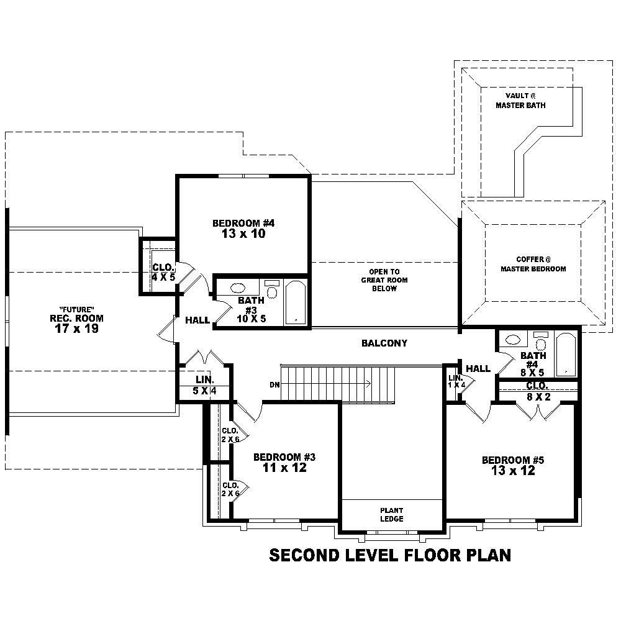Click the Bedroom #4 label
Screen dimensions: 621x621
pyautogui.click(x=243, y=223)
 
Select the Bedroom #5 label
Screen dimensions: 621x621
pyautogui.click(x=513, y=460)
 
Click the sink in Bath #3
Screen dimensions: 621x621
pyautogui.click(x=238, y=288)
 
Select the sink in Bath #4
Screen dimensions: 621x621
pyautogui.click(x=513, y=340)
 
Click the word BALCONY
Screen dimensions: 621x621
pyautogui.click(x=384, y=343)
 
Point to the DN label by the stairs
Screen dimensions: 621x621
pyautogui.click(x=274, y=384)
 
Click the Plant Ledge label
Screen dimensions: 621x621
pyautogui.click(x=392, y=514)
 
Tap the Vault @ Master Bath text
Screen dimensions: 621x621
pyautogui.click(x=520, y=101)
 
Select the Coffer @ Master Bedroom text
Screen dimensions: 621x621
pyautogui.click(x=532, y=264)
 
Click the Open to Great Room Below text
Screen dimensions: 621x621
pyautogui.click(x=384, y=280)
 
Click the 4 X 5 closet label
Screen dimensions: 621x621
pyautogui.click(x=163, y=277)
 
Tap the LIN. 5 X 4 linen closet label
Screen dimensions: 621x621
pyautogui.click(x=204, y=385)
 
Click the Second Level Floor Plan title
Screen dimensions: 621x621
pyautogui.click(x=390, y=555)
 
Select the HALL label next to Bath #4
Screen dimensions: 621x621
pyautogui.click(x=478, y=368)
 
